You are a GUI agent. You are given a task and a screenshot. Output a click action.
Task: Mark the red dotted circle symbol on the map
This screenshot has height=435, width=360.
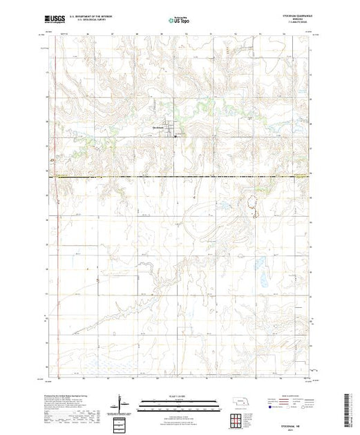coord(254,202)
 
